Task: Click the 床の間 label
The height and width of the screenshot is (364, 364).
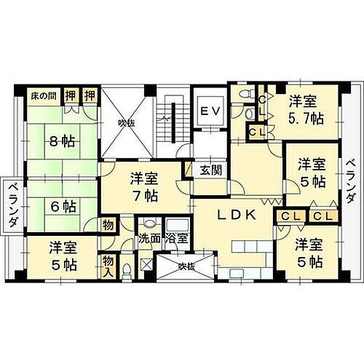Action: tap(43, 95)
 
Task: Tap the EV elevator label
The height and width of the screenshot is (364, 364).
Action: tap(210, 111)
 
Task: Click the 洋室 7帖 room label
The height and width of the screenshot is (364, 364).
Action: tap(145, 186)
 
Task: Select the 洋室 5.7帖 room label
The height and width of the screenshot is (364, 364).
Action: tap(304, 110)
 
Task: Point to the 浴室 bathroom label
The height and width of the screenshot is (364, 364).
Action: tap(176, 238)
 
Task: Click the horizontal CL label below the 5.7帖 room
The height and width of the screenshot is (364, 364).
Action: tap(256, 132)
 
